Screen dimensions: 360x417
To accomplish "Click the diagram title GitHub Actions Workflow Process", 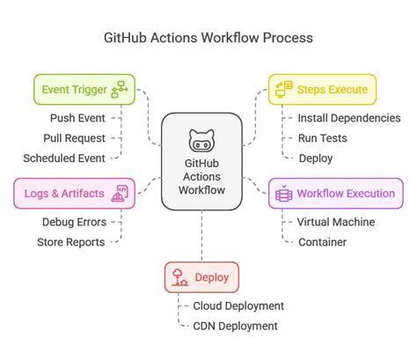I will pos(208,39).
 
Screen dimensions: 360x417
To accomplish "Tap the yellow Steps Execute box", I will pos(322,89).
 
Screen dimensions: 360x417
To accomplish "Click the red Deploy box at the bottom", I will pos(202,277).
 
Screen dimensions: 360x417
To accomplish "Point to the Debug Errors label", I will pos(74,221).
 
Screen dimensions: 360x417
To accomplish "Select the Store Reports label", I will pos(70,241).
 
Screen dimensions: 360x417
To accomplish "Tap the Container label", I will pos(322,241).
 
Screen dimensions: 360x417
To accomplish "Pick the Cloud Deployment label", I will pos(238,305).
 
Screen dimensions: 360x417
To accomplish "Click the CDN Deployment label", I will pos(235,326).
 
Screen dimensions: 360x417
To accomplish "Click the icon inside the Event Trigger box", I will pos(119,89).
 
